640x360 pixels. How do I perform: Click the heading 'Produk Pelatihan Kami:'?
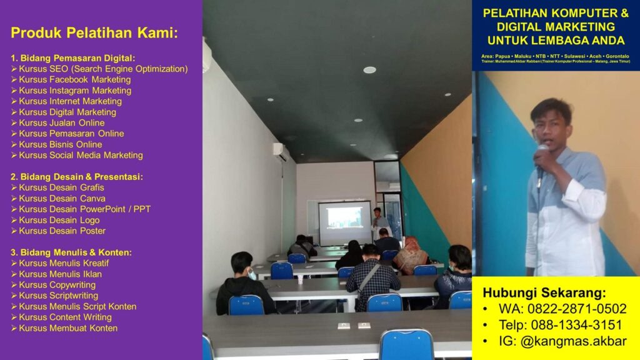point(94,32)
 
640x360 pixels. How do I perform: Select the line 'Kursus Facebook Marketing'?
point(75,79)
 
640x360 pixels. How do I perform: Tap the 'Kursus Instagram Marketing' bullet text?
point(75,91)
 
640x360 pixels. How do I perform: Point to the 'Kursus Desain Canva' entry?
point(62,198)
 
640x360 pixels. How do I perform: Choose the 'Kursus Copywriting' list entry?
point(57,285)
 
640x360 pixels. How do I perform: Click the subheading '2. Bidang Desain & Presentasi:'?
point(77,177)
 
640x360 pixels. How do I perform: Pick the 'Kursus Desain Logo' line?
point(59,220)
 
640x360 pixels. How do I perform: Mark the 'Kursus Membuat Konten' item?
point(68,328)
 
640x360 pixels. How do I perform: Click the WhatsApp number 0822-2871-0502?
point(577,309)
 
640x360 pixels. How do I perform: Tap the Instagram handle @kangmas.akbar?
point(574,341)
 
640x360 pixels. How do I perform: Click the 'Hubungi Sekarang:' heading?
point(544,292)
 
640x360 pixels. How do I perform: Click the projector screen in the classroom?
point(345,223)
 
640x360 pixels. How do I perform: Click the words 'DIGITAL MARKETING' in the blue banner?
point(556,27)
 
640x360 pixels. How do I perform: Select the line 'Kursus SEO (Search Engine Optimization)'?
point(103,69)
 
